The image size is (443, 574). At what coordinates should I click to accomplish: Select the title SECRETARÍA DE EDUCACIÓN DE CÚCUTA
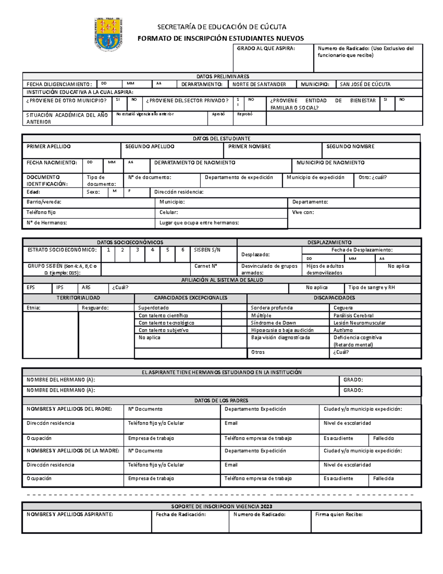click(x=221, y=27)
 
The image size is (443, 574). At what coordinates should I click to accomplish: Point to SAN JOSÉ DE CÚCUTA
click(x=365, y=84)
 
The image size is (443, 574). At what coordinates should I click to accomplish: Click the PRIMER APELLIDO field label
click(x=48, y=147)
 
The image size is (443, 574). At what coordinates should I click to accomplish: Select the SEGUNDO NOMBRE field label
click(x=350, y=147)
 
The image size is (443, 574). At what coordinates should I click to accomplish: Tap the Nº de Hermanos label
click(x=47, y=223)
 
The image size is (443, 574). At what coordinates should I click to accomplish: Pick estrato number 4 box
click(x=152, y=250)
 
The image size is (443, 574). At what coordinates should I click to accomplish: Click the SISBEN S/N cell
click(x=207, y=250)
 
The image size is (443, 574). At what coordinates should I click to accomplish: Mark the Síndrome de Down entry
click(x=273, y=323)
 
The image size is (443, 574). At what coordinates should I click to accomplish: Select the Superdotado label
click(x=153, y=308)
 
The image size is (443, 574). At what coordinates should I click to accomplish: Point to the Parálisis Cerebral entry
click(x=353, y=316)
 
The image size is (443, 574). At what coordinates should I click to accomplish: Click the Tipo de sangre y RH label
click(x=371, y=288)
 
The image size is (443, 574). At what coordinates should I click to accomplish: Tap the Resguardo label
click(x=95, y=308)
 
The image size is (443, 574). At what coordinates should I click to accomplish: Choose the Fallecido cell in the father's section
click(x=383, y=438)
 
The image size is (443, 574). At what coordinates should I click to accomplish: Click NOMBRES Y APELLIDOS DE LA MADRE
click(x=73, y=451)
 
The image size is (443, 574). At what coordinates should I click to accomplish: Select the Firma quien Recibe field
click(x=339, y=514)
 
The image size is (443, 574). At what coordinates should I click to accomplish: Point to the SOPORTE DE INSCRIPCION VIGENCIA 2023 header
click(x=221, y=506)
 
